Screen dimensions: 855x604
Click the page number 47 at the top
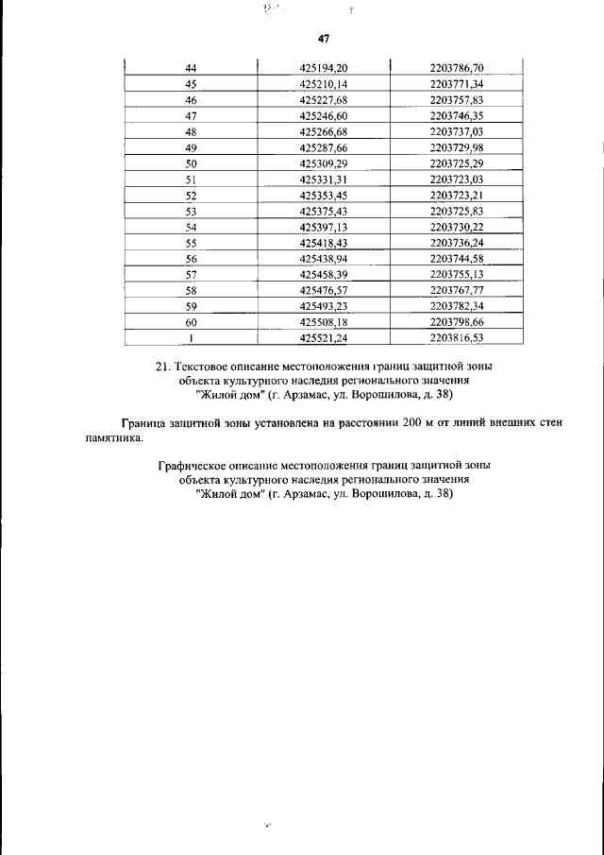pyautogui.click(x=324, y=39)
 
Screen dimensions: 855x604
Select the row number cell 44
pyautogui.click(x=191, y=68)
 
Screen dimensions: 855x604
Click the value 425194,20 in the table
pyautogui.click(x=324, y=68)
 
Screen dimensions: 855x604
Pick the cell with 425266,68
pyautogui.click(x=324, y=131)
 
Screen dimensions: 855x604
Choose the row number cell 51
pyautogui.click(x=191, y=179)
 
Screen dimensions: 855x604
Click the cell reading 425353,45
pyautogui.click(x=324, y=195)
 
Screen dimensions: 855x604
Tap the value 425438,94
pyautogui.click(x=324, y=258)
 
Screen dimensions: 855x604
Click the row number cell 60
pyautogui.click(x=191, y=321)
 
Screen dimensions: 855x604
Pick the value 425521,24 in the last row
pyautogui.click(x=324, y=337)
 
